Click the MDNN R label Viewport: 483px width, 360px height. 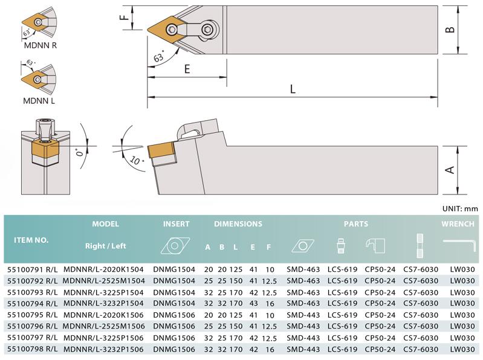coord(41,45)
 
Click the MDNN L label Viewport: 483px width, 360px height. coord(39,101)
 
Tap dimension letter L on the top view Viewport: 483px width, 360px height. coord(293,89)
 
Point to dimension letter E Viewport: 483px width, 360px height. coord(187,69)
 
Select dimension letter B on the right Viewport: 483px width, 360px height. coord(450,30)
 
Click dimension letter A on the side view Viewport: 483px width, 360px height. coord(450,170)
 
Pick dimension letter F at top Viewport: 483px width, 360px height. coord(124,18)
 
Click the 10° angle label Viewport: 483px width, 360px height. coord(137,161)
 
